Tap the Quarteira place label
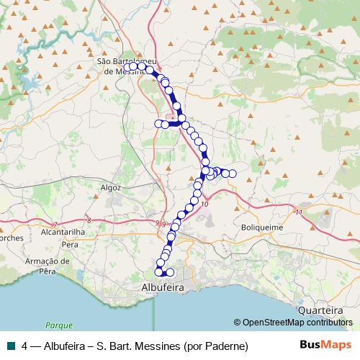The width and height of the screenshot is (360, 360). [320, 310]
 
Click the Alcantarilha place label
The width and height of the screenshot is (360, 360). [63, 233]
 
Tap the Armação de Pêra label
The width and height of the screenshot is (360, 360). [49, 266]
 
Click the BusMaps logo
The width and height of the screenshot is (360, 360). [326, 345]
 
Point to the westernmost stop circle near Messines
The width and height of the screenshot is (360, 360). [125, 66]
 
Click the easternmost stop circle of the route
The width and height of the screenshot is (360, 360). [233, 174]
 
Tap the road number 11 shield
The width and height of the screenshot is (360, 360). [298, 212]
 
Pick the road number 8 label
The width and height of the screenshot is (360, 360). [88, 220]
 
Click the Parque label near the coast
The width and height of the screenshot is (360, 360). [54, 325]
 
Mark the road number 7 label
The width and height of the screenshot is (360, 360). [53, 223]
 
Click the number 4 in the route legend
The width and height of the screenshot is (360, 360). [25, 345]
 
